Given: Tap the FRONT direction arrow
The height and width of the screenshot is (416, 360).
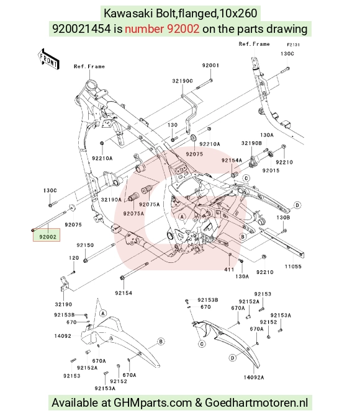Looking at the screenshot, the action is coord(48,60).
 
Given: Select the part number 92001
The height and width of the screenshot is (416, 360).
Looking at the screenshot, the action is coord(210,66).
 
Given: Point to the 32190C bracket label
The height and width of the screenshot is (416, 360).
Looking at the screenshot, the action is coord(182,81).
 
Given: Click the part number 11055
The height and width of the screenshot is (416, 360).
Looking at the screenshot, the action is coord(293,267).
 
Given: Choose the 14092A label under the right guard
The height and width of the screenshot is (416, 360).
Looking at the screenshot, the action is coord(254,378).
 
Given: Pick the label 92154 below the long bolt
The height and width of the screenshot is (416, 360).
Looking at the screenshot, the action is coord(124,293).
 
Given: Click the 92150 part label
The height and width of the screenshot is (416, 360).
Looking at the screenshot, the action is coord(85,245).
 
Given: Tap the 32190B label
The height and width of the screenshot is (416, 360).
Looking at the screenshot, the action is coord(251,143).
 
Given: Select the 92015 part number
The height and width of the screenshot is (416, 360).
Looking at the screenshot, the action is coord(271,170).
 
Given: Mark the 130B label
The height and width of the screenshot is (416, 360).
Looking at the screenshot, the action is coord(283,218).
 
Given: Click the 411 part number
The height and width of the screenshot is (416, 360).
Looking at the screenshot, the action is coord(229,270).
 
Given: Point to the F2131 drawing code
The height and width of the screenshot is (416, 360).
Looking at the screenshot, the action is coord(294,45).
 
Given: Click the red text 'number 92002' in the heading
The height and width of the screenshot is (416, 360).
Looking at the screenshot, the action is coord(162,29).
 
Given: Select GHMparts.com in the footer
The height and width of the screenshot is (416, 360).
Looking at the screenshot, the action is coord(153,403).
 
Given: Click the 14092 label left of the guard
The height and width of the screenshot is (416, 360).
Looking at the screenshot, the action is coord(63,336).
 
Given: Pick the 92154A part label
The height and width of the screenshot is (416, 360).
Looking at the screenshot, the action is coord(232,160).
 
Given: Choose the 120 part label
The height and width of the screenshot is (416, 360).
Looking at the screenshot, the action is coord(74,258).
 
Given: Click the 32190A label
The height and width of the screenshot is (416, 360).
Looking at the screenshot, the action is coord(111,200).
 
